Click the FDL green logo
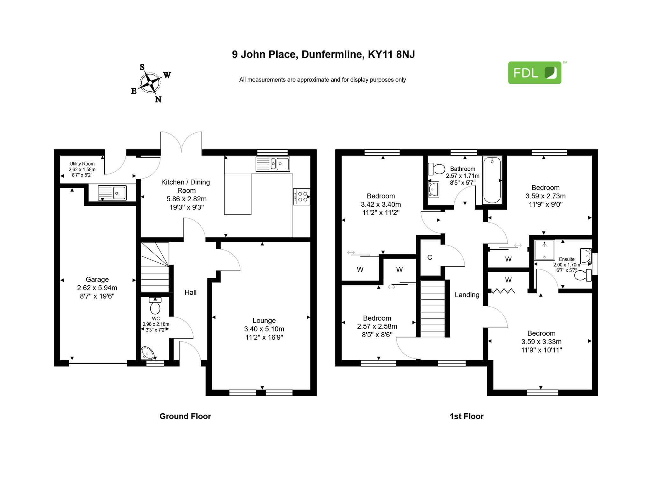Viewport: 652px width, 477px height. [535, 73]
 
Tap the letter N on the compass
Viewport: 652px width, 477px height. [158, 99]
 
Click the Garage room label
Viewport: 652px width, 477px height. [97, 279]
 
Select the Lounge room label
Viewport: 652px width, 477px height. [264, 320]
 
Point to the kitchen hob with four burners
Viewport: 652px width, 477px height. [301, 197]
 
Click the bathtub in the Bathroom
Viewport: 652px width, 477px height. [492, 180]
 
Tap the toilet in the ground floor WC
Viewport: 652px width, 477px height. [155, 306]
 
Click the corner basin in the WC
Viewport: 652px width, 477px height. [147, 353]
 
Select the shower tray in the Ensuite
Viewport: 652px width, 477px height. [544, 250]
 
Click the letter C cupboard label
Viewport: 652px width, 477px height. [430, 257]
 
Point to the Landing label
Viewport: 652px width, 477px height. [467, 295]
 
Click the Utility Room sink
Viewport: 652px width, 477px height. [112, 193]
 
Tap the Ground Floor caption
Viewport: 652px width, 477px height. [185, 416]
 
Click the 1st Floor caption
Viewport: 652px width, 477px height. [466, 416]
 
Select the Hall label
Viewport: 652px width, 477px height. [190, 292]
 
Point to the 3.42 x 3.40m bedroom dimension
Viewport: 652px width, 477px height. [381, 204]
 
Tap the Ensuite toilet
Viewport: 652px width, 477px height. [583, 275]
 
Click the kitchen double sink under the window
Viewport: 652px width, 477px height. [273, 164]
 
